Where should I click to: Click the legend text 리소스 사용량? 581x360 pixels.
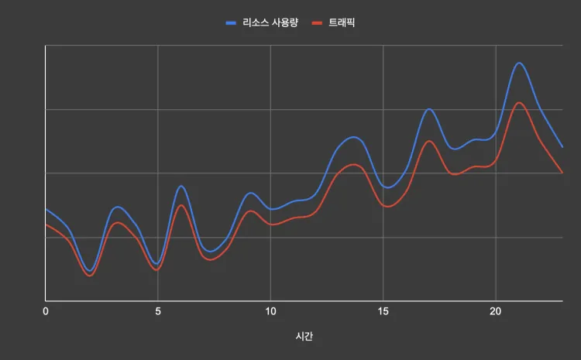(x=270, y=22)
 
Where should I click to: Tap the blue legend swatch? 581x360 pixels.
(x=231, y=23)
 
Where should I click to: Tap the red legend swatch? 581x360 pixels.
(x=315, y=23)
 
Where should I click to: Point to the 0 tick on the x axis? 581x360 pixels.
(x=46, y=311)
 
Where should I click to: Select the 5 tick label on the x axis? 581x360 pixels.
(x=158, y=311)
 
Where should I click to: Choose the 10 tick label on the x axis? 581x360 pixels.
(x=270, y=311)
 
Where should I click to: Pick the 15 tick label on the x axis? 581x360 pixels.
(x=383, y=311)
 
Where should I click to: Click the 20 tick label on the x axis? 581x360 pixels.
(x=495, y=311)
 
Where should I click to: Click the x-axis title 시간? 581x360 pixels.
(x=304, y=337)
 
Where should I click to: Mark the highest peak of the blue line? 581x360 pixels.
(x=519, y=63)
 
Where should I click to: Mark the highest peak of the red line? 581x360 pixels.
(x=519, y=103)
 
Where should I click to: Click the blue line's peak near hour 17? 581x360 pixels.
(x=428, y=109)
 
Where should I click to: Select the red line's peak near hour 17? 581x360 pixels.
(x=428, y=142)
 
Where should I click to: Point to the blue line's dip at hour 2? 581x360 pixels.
(x=91, y=270)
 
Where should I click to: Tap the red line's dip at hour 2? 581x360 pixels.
(x=90, y=276)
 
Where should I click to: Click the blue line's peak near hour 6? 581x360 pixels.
(x=181, y=186)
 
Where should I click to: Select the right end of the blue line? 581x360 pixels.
(x=562, y=147)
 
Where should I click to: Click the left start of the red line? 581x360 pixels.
(x=46, y=225)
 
